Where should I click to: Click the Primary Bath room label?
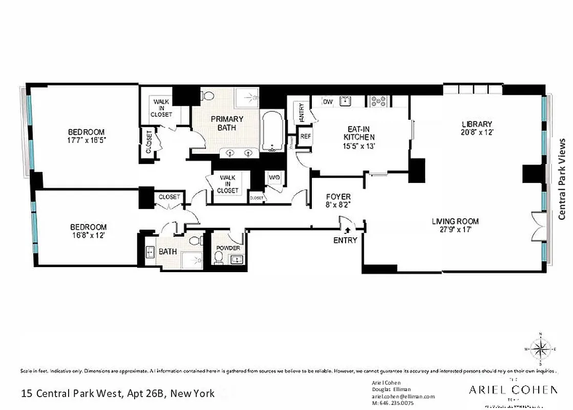coord(227,123)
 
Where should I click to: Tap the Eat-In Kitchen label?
coord(358,133)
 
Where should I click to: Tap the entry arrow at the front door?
coord(347,230)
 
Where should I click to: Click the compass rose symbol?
coord(539,350)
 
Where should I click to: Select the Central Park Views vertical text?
coord(562,179)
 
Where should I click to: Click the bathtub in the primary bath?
coord(271,133)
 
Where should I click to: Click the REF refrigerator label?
coord(305,136)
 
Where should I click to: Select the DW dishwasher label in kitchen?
coord(328,102)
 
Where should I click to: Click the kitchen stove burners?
coord(378,101)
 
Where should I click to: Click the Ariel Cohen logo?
coord(513,390)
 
